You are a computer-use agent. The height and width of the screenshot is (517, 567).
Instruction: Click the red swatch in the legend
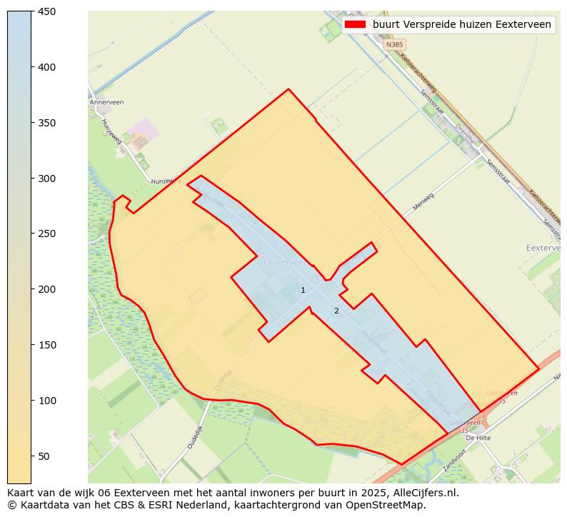354,24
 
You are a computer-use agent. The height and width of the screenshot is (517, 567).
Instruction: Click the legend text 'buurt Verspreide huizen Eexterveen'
461,24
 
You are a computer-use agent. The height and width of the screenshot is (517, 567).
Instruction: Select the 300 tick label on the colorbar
47,179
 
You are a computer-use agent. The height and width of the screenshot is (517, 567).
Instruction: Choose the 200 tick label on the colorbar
47,289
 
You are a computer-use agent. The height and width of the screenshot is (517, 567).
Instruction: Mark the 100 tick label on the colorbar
47,401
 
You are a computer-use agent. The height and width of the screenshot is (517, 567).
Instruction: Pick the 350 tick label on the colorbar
47,123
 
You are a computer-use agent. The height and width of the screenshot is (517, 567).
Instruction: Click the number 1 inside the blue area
303,290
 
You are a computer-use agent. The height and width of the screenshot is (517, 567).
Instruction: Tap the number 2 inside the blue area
336,311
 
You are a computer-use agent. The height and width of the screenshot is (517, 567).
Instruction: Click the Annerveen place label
107,102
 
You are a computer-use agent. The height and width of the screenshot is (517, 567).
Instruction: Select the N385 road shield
394,44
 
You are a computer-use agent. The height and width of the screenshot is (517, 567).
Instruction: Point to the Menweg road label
423,202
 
